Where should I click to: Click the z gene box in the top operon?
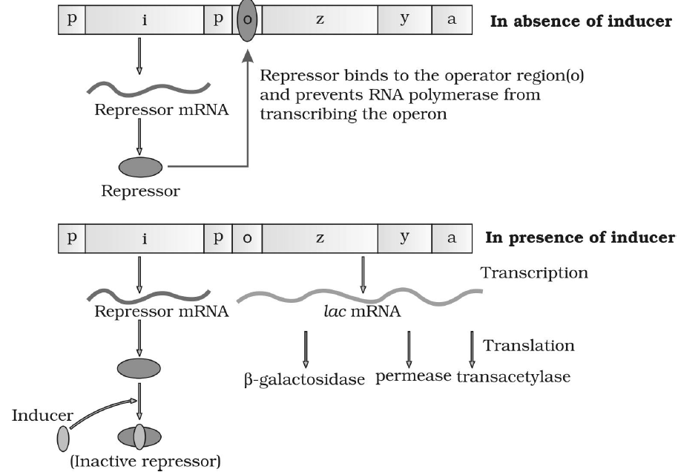319,21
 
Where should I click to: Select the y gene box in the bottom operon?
404,239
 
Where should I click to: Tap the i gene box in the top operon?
144,21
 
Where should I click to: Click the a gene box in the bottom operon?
451,239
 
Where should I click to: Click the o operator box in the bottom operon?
247,239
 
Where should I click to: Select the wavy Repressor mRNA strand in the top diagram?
139,88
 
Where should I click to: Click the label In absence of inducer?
581,20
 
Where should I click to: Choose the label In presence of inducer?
580,238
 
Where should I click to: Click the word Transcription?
535,272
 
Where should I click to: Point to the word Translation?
528,345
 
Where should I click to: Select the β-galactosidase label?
305,379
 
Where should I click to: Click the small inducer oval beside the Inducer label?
63,439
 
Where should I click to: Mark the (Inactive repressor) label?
145,462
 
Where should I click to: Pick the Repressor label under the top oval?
140,191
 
